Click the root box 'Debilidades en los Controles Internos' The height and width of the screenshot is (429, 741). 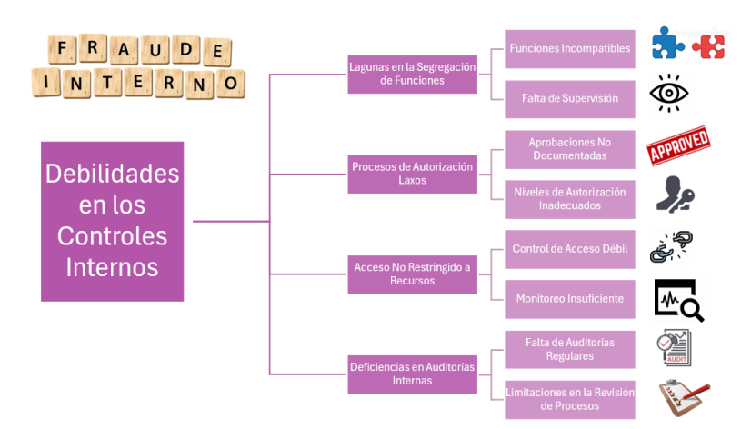[112, 221]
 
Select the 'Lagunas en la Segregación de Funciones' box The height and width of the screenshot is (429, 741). [412, 73]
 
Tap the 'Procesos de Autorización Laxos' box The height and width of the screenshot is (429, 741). [412, 174]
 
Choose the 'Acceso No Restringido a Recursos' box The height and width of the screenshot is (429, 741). [412, 274]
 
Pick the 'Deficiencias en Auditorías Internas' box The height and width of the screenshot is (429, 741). [412, 374]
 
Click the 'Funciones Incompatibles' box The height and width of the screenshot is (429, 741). [569, 49]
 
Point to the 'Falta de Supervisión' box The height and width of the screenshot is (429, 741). [569, 98]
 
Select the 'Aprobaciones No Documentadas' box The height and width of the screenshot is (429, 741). [569, 149]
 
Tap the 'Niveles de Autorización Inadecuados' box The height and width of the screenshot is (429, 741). [569, 199]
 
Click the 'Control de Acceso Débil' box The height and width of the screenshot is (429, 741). [569, 249]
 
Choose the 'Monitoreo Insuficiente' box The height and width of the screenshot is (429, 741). [569, 299]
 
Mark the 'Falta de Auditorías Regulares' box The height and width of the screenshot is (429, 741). [569, 349]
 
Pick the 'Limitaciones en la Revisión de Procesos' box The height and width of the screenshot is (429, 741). [569, 399]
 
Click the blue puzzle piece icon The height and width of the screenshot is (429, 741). [668, 43]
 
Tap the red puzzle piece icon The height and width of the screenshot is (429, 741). [708, 45]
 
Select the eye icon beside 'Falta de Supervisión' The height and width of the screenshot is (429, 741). [669, 94]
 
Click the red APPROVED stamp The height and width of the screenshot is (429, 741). [677, 146]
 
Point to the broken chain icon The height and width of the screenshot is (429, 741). [671, 246]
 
